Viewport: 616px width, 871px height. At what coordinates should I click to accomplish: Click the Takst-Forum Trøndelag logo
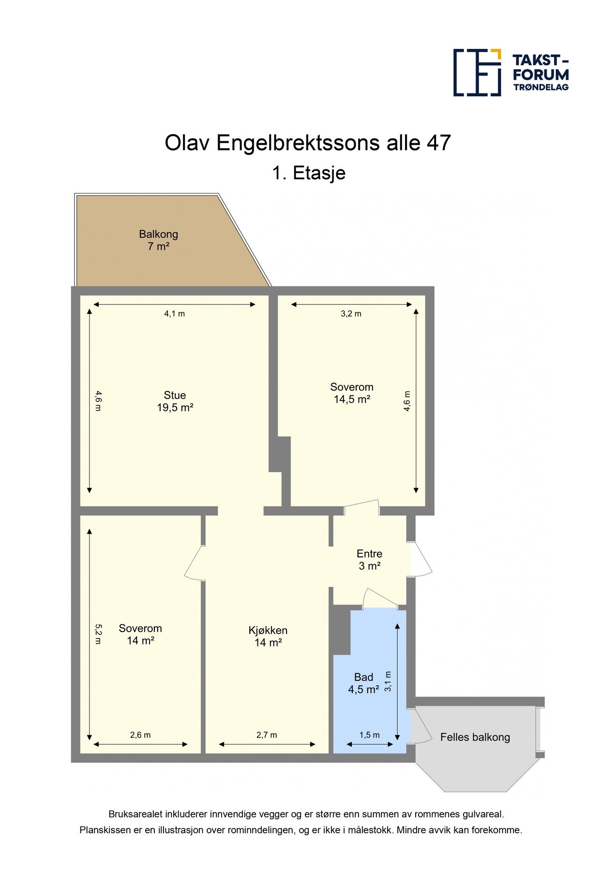tap(511, 73)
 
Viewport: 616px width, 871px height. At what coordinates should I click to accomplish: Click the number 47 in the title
tap(438, 143)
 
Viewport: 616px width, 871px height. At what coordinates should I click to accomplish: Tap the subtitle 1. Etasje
tap(308, 173)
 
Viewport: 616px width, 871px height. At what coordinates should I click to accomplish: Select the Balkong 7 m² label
tap(159, 240)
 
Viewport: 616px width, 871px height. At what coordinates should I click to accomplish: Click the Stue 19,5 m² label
tap(175, 401)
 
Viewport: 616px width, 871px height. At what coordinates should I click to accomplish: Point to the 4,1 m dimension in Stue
tap(174, 314)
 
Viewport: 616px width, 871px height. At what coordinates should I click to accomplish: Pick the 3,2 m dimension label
tap(351, 314)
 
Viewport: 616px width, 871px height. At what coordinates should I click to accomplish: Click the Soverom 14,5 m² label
tap(352, 393)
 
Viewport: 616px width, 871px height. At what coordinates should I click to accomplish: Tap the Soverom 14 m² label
tap(140, 634)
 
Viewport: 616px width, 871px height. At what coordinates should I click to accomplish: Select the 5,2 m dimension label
tap(98, 634)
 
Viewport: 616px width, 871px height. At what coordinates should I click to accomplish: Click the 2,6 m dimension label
tap(140, 735)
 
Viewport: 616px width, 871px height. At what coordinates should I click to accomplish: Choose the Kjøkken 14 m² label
tap(268, 636)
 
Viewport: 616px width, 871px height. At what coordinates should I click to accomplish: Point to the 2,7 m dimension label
tap(267, 735)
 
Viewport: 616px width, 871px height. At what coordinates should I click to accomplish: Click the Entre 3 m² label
tap(369, 560)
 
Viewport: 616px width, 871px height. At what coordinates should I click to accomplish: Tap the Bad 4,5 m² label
tap(363, 683)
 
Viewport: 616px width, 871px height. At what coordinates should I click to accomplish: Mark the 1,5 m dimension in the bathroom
tap(369, 735)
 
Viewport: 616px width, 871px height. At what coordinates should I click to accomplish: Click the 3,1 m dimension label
tap(388, 681)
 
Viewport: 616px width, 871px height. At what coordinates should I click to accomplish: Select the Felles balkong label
tap(475, 737)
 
